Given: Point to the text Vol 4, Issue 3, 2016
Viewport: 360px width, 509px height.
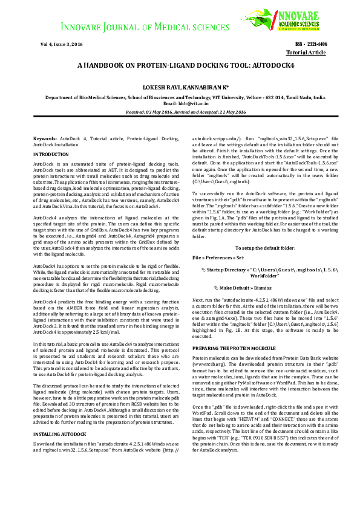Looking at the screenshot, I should tap(61, 44).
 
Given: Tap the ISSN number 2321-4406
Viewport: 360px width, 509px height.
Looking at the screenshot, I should tap(318, 44).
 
